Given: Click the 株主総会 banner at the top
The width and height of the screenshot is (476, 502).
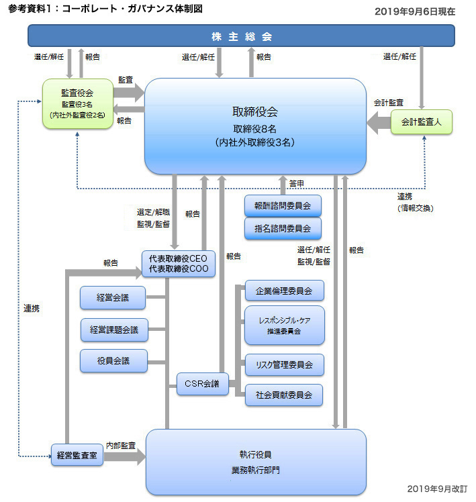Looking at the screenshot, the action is (241, 36).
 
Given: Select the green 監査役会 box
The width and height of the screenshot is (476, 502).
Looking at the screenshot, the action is (78, 104).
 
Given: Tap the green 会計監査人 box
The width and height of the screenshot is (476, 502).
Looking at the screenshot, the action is (422, 121).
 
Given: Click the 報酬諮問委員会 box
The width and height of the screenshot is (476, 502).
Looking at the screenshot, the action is (283, 206).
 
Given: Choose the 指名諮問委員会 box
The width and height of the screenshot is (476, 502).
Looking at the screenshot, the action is (283, 229).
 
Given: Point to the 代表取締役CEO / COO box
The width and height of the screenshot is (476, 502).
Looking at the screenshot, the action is (179, 264).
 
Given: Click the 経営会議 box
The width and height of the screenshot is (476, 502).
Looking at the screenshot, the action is (113, 298).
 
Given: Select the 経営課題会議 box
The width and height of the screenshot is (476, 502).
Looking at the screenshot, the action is (114, 330).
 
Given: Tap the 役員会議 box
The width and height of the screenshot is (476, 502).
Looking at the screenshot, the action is (113, 361).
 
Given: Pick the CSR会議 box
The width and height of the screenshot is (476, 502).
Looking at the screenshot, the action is (203, 383).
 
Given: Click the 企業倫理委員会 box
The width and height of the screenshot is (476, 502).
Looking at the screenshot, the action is (285, 291).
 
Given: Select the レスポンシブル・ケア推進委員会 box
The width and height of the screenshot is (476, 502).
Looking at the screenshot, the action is (285, 325).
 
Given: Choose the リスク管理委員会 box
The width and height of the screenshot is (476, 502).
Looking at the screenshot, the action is (285, 364).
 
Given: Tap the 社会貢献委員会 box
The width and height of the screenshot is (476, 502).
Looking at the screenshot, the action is (284, 395).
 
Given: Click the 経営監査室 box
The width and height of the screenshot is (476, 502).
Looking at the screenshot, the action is (77, 455).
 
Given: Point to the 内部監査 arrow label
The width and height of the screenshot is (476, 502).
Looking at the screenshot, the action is (121, 446).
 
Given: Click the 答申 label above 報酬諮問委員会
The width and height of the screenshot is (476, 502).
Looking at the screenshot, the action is (297, 184).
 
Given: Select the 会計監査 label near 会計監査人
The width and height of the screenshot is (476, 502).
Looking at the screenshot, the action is (389, 103).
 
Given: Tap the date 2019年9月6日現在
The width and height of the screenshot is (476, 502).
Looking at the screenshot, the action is (415, 12).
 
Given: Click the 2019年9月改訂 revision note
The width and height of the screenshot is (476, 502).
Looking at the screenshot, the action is (437, 489).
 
